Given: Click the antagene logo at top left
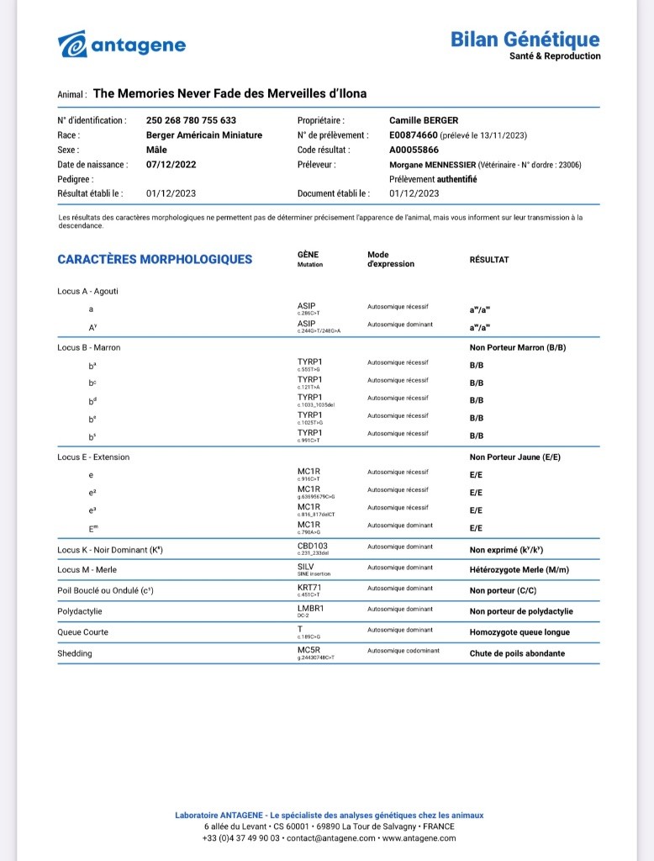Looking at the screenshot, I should (122, 45).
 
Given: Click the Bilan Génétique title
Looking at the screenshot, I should (525, 40).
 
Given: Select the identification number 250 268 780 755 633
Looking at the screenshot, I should (191, 120).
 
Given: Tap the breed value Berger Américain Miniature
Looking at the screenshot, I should (204, 135).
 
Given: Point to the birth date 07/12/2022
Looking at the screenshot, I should (171, 165).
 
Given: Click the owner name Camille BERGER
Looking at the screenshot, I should (424, 120).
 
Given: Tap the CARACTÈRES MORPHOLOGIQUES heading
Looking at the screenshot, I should (155, 259).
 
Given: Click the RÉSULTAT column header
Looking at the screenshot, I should (488, 260).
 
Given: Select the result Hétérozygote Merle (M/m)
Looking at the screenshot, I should (519, 571).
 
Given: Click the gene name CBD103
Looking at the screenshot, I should (313, 547).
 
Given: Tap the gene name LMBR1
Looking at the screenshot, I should (310, 608).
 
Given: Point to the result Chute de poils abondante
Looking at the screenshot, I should (517, 653).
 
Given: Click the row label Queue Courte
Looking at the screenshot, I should (82, 632).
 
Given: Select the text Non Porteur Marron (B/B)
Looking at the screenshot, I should (522, 347).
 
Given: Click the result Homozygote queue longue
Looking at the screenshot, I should (520, 632).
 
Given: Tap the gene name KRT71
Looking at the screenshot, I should (310, 588).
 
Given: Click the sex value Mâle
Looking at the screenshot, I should (156, 150).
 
